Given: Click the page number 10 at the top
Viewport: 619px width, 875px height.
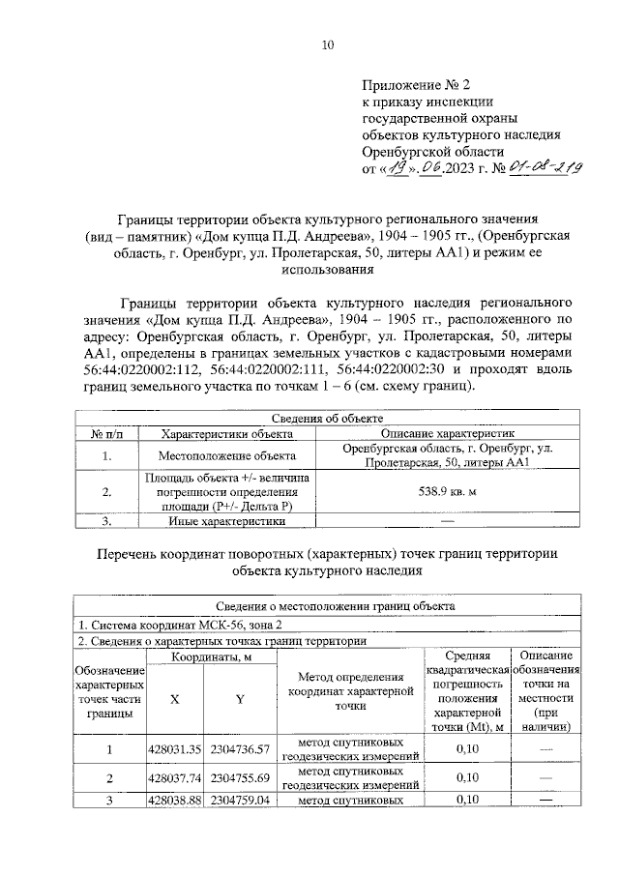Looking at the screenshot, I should pos(328,44).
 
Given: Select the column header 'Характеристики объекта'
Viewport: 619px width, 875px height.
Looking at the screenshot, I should pos(219,434).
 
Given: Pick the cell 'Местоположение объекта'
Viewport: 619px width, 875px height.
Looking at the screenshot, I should pos(214,455).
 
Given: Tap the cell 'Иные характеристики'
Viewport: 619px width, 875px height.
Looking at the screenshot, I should pos(214,521).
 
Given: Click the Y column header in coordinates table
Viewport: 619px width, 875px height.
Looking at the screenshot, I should pos(239,699).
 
